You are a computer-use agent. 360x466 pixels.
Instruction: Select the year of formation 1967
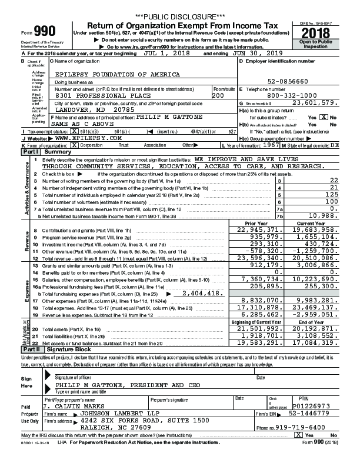pyautogui.click(x=270, y=144)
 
